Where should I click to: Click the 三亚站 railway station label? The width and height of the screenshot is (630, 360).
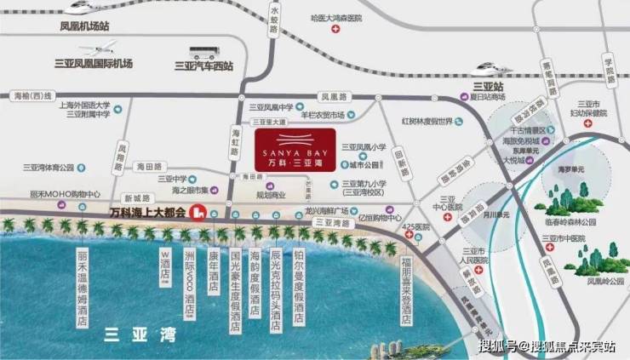click(x=485, y=86)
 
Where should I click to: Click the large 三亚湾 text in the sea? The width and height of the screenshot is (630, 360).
click(x=139, y=334)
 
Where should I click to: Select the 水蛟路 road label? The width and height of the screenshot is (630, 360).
click(x=273, y=43)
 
